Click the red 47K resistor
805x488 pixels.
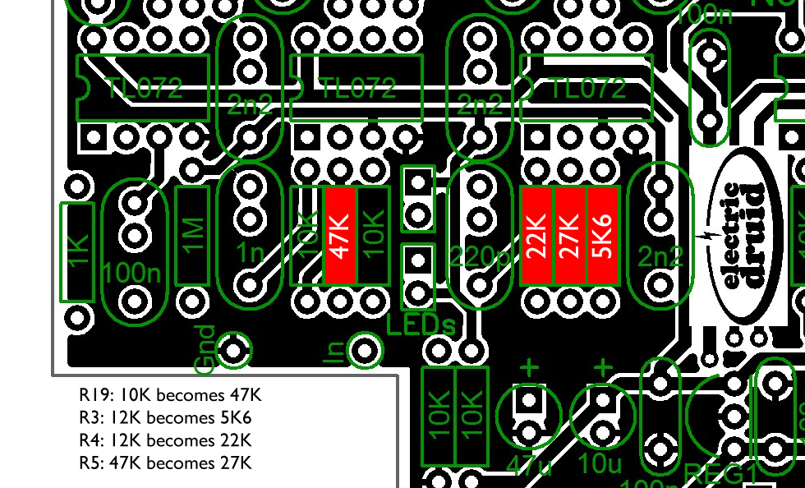[x=340, y=236]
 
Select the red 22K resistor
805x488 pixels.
[x=536, y=236]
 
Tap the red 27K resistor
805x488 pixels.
[x=569, y=236]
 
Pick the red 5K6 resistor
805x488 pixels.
[x=602, y=236]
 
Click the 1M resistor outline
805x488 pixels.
[x=193, y=236]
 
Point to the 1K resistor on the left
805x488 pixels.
[x=78, y=251]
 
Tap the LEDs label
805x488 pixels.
[x=421, y=325]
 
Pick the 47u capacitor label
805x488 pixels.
[x=529, y=464]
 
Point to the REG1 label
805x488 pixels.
[x=723, y=473]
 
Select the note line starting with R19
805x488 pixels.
[x=171, y=394]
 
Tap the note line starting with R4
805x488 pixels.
[x=165, y=440]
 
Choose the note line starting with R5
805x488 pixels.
[x=165, y=463]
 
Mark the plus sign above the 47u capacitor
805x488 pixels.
[x=530, y=367]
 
